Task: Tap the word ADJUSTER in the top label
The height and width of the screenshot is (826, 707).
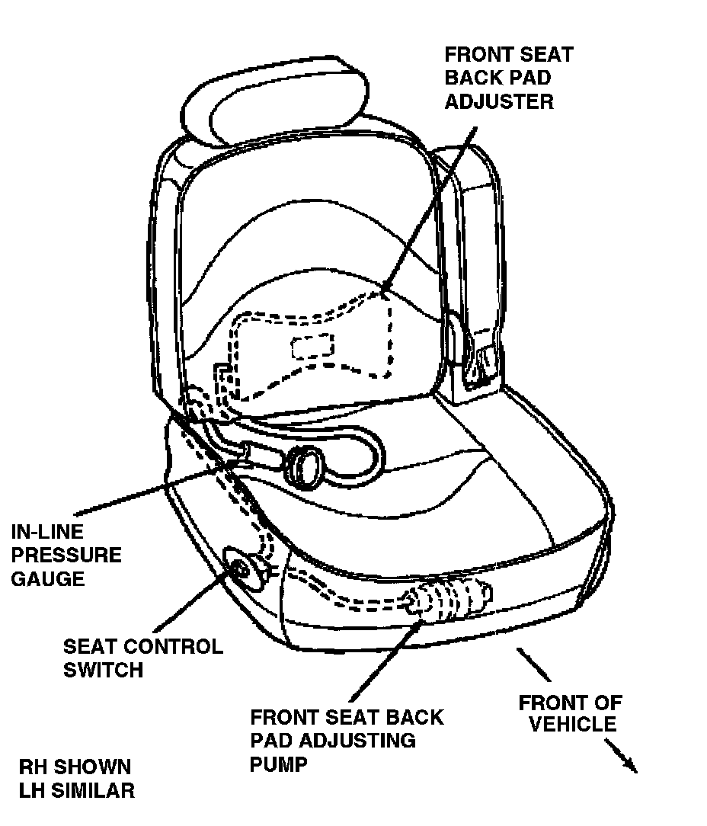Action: [499, 101]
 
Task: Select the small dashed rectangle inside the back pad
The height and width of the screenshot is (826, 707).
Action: [312, 345]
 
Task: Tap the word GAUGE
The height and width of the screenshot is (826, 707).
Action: [47, 578]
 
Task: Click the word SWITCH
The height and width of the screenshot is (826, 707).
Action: [103, 670]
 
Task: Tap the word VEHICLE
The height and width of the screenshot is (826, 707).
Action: [572, 723]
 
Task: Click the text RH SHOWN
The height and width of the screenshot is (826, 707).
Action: [75, 767]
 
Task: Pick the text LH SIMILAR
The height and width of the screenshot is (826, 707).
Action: [77, 790]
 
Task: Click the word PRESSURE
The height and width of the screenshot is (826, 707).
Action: [66, 555]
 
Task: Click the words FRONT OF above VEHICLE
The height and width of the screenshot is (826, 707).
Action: [570, 701]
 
